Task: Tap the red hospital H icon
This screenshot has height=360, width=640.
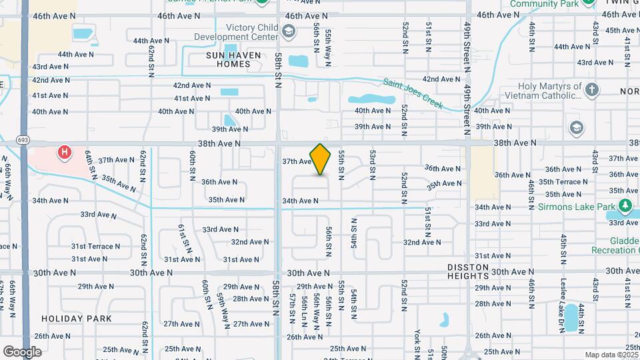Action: tap(65, 153)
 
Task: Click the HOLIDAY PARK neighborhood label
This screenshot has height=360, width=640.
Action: tap(76, 319)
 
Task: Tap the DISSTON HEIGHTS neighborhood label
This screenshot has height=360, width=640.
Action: tap(478, 271)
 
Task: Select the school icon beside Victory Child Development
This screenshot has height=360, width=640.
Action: tap(288, 31)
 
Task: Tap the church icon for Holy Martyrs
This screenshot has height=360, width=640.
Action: tap(591, 90)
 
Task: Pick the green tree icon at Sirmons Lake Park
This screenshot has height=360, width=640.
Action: tap(625, 189)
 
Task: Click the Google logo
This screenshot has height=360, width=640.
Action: tap(22, 351)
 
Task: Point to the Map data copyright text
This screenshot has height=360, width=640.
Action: tap(611, 355)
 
